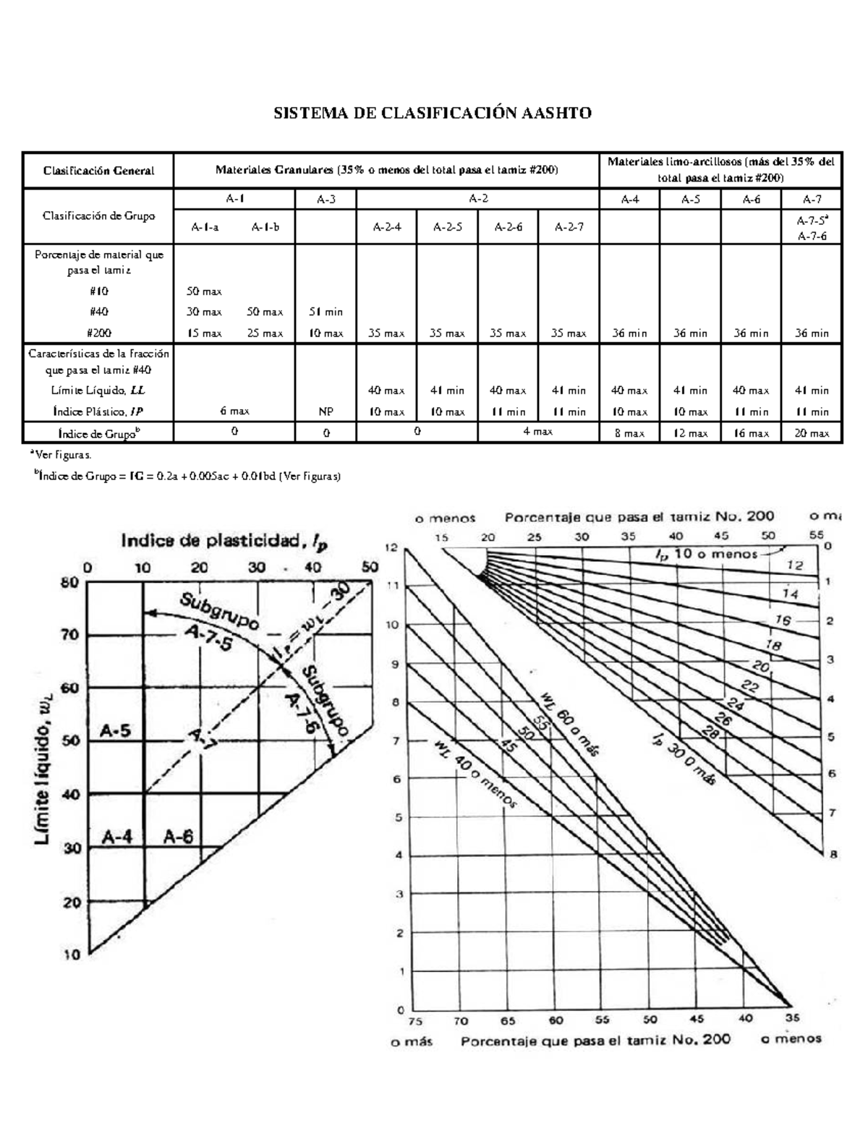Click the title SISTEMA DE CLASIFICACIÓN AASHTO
click(432, 113)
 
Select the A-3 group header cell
click(326, 199)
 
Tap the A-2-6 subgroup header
click(509, 226)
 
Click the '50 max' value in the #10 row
click(205, 291)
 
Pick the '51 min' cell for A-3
click(326, 312)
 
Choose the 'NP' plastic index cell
click(326, 411)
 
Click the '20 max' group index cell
click(812, 433)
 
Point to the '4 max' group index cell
click(538, 432)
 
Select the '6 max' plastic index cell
click(235, 411)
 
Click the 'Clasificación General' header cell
click(98, 171)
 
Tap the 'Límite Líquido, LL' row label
click(98, 390)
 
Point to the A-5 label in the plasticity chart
click(115, 731)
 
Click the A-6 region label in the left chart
click(178, 837)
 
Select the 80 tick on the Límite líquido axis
click(70, 582)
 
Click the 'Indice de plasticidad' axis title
click(224, 541)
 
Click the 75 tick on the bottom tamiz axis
click(415, 1021)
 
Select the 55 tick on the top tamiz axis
click(816, 535)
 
